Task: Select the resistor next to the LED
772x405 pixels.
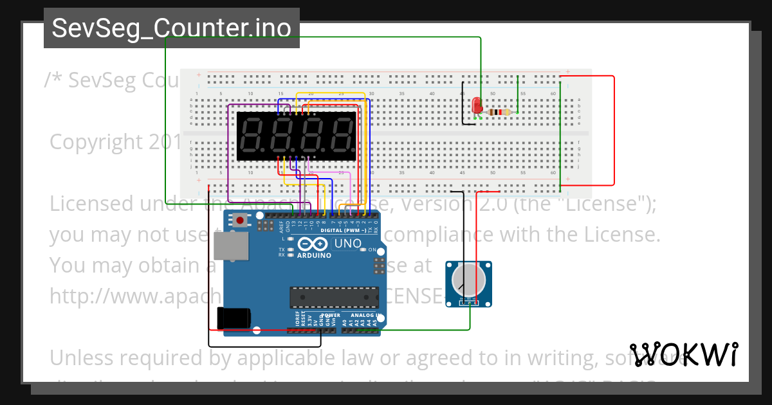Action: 499,113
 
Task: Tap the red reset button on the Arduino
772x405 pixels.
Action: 240,221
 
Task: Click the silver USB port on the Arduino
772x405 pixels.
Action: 231,246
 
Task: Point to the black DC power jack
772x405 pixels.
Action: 234,318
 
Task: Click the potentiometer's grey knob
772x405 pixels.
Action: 468,280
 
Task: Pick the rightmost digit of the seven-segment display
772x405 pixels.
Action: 342,136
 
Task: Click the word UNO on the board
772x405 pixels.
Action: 348,244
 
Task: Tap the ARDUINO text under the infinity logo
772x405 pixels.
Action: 315,255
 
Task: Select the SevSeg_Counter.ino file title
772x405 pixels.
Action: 171,28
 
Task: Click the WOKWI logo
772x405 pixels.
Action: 683,354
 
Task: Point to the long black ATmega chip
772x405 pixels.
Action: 333,297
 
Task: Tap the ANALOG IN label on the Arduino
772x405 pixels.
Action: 366,316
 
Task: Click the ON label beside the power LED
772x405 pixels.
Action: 372,249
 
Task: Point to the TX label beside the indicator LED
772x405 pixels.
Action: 282,249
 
